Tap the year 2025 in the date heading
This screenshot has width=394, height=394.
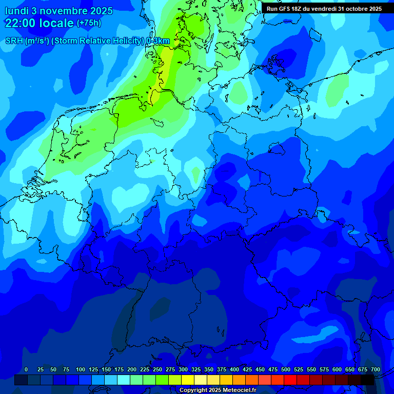click(x=103, y=10)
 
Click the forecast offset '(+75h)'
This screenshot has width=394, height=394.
click(x=89, y=23)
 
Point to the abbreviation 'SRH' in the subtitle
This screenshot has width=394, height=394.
click(x=14, y=41)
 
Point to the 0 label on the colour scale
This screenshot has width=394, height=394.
click(x=26, y=369)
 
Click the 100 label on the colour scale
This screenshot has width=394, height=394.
click(x=81, y=369)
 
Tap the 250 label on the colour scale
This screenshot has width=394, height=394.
click(x=157, y=369)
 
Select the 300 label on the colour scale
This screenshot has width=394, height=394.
click(x=183, y=369)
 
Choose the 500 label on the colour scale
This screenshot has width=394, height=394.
click(x=286, y=369)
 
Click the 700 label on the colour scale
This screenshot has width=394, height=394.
click(x=376, y=369)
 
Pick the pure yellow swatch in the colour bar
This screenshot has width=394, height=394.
click(x=188, y=380)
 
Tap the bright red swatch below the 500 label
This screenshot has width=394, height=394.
click(x=290, y=380)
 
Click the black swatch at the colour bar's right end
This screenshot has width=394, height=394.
click(x=367, y=380)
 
